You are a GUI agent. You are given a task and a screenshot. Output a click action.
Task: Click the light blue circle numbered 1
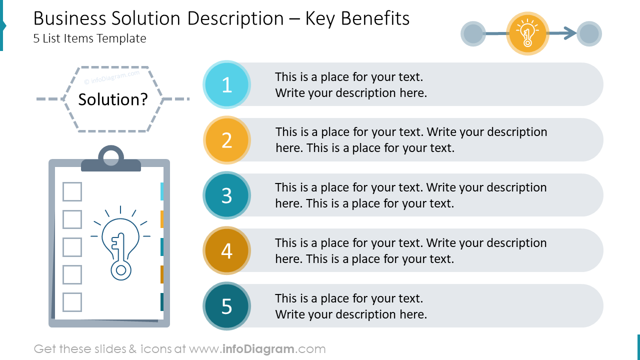click(x=226, y=84)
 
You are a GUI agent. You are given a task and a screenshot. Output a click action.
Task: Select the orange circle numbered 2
click(x=226, y=140)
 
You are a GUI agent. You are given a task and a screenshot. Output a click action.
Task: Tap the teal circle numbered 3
click(x=226, y=195)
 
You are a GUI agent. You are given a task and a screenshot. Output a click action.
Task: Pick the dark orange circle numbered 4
click(x=226, y=250)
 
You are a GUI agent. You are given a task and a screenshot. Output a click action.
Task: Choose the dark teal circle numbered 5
click(x=226, y=306)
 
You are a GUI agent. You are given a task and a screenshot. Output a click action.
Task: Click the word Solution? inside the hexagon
click(x=113, y=99)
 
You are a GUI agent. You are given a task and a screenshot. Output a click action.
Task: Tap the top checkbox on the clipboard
click(x=72, y=191)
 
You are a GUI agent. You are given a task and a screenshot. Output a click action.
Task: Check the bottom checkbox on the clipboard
click(x=72, y=302)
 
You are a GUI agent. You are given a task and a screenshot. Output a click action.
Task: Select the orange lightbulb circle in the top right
click(x=527, y=33)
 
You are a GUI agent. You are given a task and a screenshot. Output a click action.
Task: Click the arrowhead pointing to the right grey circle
click(x=569, y=33)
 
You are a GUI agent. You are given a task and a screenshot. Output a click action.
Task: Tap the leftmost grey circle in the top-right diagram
click(x=472, y=34)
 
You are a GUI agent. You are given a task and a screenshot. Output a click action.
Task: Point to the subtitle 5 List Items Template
click(x=90, y=38)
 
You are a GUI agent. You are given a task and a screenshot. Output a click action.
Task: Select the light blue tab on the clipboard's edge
click(x=162, y=191)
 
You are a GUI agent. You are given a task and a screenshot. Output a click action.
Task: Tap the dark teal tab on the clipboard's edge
click(x=162, y=302)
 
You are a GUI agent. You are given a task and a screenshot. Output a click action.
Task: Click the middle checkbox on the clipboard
click(x=72, y=247)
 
